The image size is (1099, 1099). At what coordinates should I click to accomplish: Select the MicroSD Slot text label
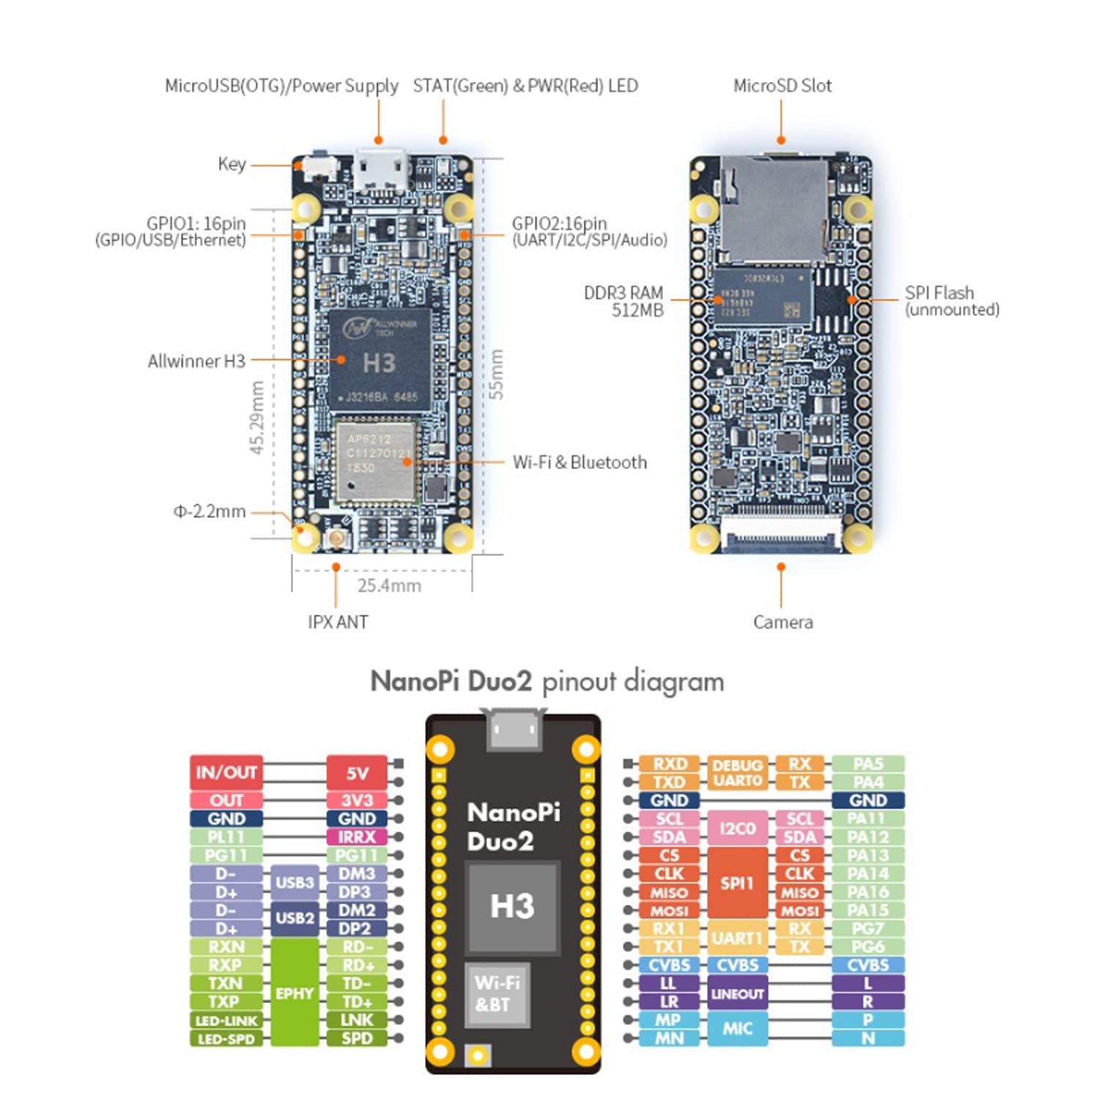pyautogui.click(x=782, y=86)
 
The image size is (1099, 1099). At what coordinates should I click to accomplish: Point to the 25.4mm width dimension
pyautogui.click(x=389, y=585)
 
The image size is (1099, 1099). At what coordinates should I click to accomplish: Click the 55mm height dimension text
pyautogui.click(x=496, y=374)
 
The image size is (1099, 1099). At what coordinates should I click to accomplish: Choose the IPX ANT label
pyautogui.click(x=337, y=622)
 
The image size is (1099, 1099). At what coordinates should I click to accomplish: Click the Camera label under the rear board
pyautogui.click(x=782, y=622)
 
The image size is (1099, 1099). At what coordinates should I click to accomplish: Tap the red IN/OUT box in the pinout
pyautogui.click(x=226, y=772)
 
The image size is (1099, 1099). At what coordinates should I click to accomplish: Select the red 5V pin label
pyautogui.click(x=357, y=773)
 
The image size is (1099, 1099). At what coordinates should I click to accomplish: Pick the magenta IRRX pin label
pyautogui.click(x=357, y=837)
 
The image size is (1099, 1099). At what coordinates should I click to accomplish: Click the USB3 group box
pyautogui.click(x=295, y=883)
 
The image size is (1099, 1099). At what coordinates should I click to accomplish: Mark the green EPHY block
pyautogui.click(x=295, y=993)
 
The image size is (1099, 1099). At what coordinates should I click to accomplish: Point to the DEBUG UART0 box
pyautogui.click(x=737, y=773)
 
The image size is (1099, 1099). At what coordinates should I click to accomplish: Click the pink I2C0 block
pyautogui.click(x=737, y=828)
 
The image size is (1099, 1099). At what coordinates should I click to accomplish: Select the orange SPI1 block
pyautogui.click(x=737, y=883)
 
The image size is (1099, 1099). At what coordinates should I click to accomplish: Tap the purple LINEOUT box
pyautogui.click(x=737, y=993)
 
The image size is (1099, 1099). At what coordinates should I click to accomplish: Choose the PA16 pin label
pyautogui.click(x=867, y=892)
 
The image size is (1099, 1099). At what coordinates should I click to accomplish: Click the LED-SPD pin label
pyautogui.click(x=226, y=1039)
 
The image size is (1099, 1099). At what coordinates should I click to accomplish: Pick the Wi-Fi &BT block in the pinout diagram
pyautogui.click(x=497, y=993)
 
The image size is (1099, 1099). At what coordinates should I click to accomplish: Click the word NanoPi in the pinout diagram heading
pyautogui.click(x=414, y=681)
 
